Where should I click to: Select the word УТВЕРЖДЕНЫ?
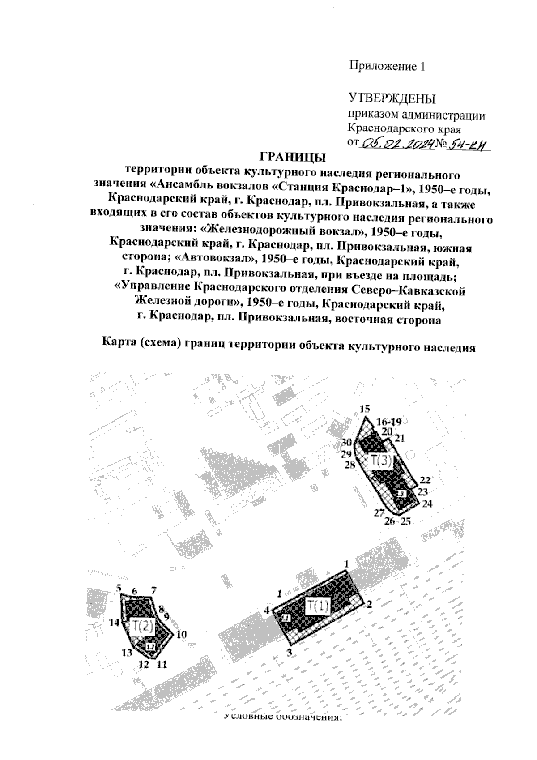pyautogui.click(x=392, y=98)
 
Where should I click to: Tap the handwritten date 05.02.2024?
pyautogui.click(x=398, y=144)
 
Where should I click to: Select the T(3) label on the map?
pyautogui.click(x=381, y=461)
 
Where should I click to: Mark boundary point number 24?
pyautogui.click(x=427, y=504)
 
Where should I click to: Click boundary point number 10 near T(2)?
pyautogui.click(x=181, y=634)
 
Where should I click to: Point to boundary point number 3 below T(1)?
pyautogui.click(x=289, y=652)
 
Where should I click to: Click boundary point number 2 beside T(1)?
pyautogui.click(x=369, y=604)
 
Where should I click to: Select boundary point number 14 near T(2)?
pyautogui.click(x=114, y=622)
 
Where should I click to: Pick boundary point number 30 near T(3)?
pyautogui.click(x=347, y=442)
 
